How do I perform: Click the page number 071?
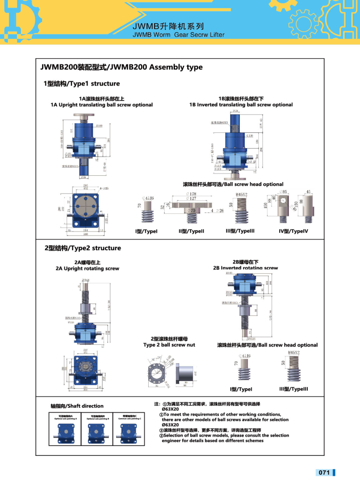tap(324, 473)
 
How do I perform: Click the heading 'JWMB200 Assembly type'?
tap(122, 68)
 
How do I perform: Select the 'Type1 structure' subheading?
tap(82, 83)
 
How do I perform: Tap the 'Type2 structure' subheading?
tap(83, 248)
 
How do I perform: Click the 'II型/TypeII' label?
tap(191, 231)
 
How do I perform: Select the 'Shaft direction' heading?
tap(77, 406)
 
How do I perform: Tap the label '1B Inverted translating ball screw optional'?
tap(241, 105)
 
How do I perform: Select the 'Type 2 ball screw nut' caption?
tap(169, 345)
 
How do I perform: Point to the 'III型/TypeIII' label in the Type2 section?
tap(293, 389)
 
